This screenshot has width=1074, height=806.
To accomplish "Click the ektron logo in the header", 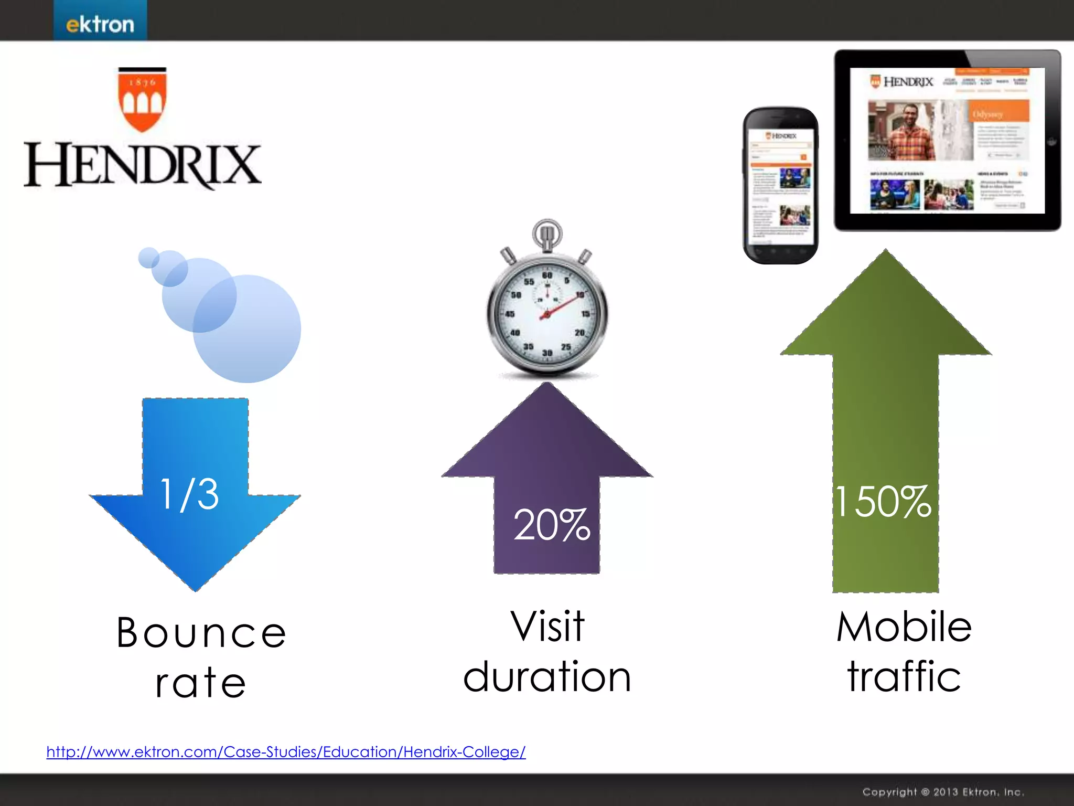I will (x=100, y=24).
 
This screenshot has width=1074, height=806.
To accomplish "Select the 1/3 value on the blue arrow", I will (x=189, y=494).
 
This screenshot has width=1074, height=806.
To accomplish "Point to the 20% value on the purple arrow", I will (x=551, y=525).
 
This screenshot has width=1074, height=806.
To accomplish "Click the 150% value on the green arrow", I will (x=884, y=502).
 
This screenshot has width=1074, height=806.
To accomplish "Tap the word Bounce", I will (x=201, y=633).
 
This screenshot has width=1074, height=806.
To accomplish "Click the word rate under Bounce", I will (x=200, y=683).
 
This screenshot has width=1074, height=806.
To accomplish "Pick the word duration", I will (x=547, y=677).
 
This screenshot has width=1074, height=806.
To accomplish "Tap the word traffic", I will (x=904, y=677).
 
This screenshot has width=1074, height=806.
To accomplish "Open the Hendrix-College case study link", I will (x=286, y=752).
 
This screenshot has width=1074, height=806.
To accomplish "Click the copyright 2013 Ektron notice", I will (x=943, y=792).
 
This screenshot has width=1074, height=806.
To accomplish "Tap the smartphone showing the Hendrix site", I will (x=780, y=186).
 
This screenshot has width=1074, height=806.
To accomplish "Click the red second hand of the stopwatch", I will (x=564, y=306).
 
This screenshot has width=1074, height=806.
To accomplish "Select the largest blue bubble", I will (x=247, y=329).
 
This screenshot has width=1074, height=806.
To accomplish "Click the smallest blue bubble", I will (x=148, y=257).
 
